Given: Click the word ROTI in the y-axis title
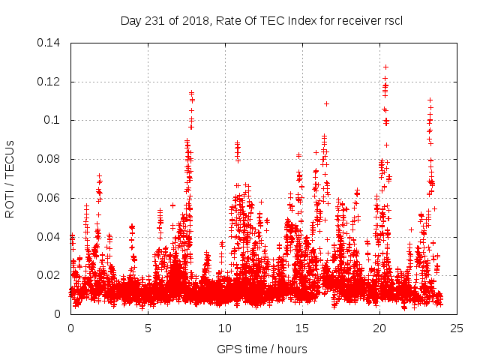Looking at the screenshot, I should (x=9, y=204).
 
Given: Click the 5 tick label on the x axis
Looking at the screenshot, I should (x=148, y=328).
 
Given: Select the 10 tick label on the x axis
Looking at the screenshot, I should (x=225, y=328).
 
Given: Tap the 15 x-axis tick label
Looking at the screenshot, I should (x=302, y=328).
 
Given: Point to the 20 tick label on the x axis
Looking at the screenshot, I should (x=379, y=328).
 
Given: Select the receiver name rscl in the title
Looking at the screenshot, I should (x=392, y=20).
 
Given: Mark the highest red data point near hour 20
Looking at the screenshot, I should (x=385, y=67).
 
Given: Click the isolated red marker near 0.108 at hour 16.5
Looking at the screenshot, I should (x=326, y=103).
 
